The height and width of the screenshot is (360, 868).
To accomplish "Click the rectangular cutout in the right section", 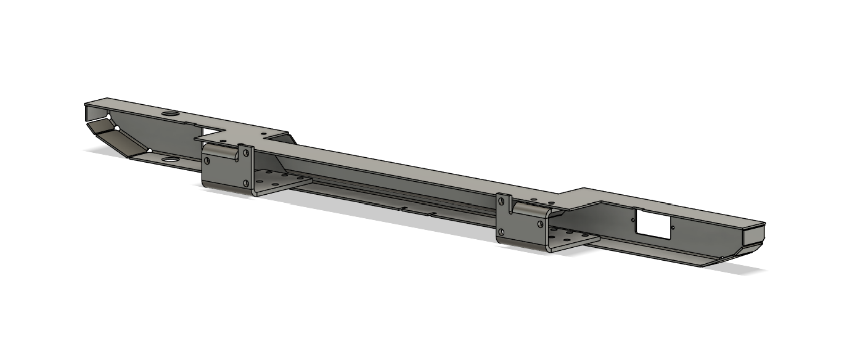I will (652, 223).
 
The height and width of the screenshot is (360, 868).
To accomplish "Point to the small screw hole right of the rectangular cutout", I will (673, 227).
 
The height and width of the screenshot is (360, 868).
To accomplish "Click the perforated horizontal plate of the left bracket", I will (280, 182).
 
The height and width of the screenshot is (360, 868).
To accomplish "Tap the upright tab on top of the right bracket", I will (505, 203).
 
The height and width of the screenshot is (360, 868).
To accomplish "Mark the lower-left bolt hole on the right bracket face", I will (502, 232).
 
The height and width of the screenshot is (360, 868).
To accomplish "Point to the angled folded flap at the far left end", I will (117, 139).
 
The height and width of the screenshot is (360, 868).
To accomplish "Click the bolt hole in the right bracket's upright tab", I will (504, 201).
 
